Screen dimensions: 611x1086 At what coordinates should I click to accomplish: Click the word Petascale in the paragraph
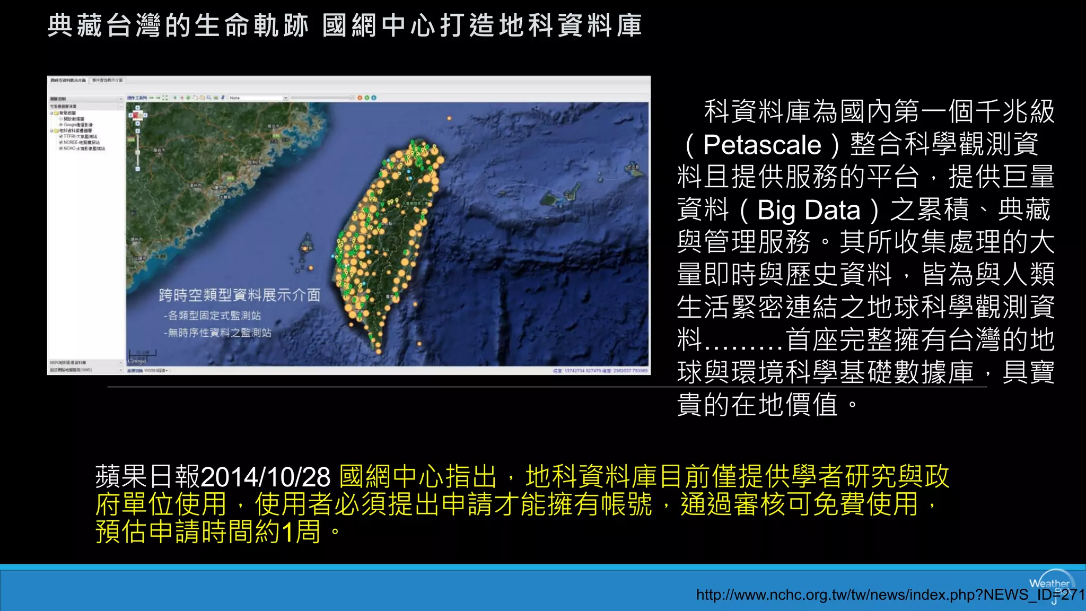(x=762, y=145)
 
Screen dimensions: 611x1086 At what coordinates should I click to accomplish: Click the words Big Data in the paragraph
(x=809, y=210)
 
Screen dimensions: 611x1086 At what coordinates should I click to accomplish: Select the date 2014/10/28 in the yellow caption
(x=266, y=477)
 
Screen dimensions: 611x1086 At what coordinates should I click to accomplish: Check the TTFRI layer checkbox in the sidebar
(x=61, y=137)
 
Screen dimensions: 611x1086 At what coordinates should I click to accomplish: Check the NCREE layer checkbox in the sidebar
(x=61, y=143)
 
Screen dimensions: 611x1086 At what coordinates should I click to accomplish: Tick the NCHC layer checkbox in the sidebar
(x=61, y=149)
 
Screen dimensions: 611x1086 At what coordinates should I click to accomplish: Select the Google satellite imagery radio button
(x=61, y=125)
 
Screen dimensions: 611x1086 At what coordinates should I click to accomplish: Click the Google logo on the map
(x=137, y=360)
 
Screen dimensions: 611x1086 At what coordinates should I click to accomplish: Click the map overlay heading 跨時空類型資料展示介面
(x=240, y=295)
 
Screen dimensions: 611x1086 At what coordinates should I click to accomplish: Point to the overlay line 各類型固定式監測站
(x=213, y=316)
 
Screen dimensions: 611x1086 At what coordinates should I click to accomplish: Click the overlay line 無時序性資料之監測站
(x=218, y=333)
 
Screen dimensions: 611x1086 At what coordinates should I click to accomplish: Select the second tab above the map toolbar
(x=107, y=81)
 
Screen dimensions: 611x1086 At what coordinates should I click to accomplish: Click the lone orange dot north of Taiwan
(x=450, y=118)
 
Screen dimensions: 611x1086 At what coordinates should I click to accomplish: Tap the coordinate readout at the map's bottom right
(x=600, y=371)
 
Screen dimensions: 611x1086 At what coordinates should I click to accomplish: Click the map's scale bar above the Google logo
(x=143, y=353)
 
